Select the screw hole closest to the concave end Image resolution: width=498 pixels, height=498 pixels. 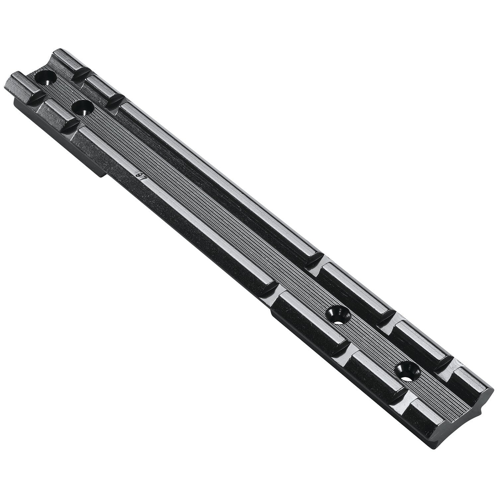pyautogui.click(x=406, y=372)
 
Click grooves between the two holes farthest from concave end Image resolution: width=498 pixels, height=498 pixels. pyautogui.click(x=63, y=93)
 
